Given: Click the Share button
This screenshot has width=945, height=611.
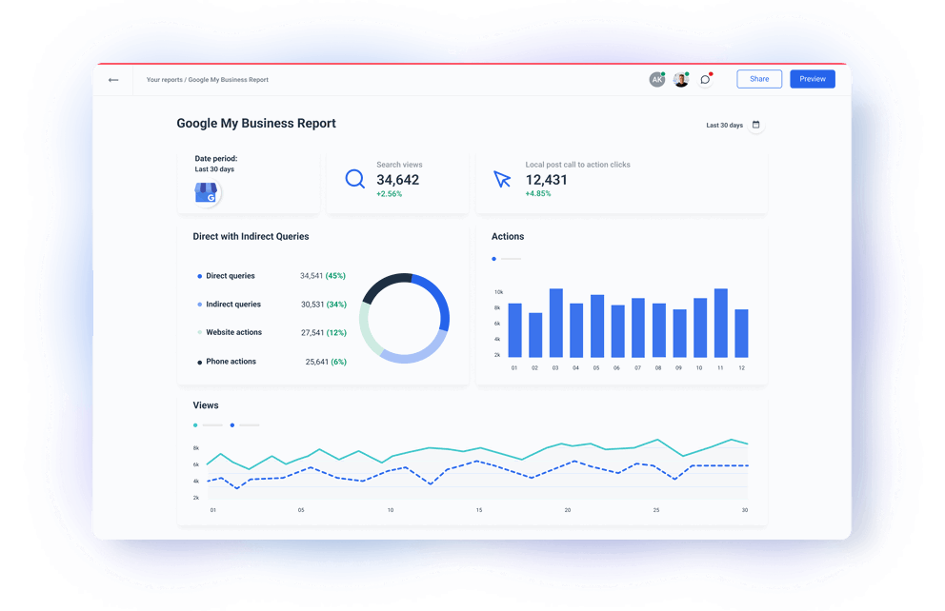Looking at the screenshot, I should coord(759,79).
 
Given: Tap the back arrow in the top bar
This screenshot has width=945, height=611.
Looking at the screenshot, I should coord(113,80).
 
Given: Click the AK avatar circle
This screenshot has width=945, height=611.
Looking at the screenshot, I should coord(656,80).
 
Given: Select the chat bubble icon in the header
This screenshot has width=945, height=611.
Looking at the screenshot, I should coord(705,80).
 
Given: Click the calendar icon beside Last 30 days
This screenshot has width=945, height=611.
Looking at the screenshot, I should coord(756,125).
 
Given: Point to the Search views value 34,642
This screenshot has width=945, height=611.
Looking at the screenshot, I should coord(397,180).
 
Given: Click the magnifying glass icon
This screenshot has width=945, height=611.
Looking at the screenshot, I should coord(355,179).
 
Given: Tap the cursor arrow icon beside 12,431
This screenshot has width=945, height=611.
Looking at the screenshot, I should coord(502,179).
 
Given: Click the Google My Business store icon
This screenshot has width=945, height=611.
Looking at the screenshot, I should coord(207,193).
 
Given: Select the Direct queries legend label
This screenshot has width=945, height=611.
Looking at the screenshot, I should coord(231,276).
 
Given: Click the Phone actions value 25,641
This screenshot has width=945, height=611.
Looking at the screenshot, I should coord(317,362).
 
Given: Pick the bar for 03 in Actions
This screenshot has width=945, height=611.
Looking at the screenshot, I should coord(555,323).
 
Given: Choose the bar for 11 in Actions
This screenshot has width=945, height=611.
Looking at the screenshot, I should coord(720,323).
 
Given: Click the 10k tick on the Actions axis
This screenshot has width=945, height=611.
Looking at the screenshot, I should coord(498,292).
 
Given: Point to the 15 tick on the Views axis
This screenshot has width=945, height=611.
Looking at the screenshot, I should coord(478,510).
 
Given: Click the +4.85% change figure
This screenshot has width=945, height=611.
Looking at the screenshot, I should coord(538,194).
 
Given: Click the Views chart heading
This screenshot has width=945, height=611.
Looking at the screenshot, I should coord(206,405).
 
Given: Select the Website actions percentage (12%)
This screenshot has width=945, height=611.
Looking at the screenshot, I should coord(336,333).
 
